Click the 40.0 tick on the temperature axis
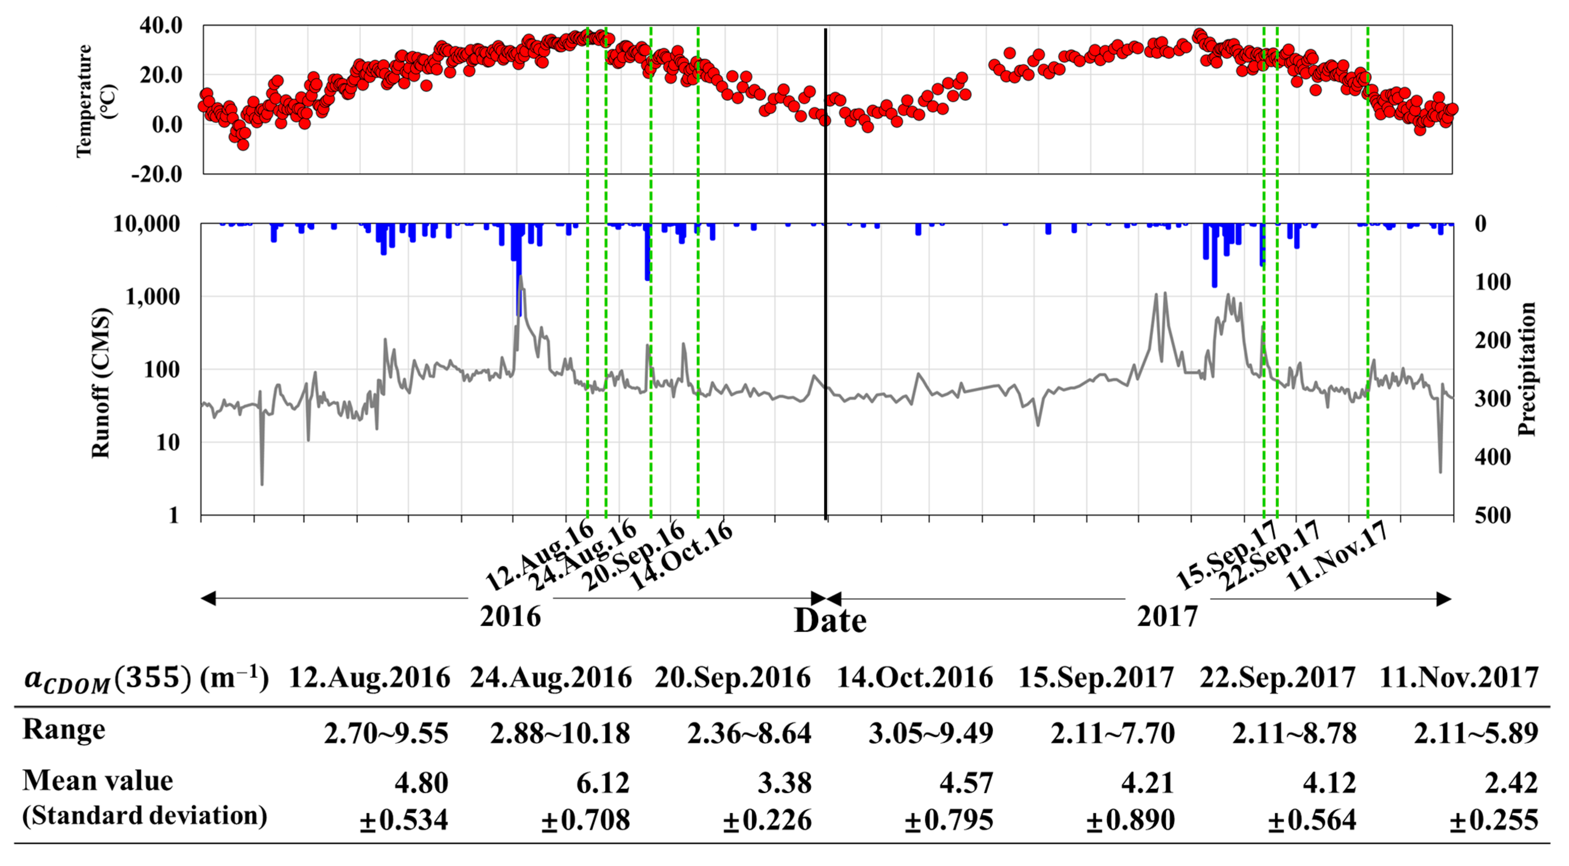[161, 25]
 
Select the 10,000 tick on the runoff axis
[147, 224]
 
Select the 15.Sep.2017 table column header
[1096, 678]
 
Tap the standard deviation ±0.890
[1130, 820]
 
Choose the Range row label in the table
[64, 729]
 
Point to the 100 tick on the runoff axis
[161, 369]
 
